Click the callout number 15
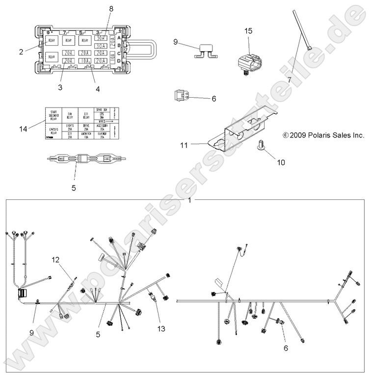coord(249,31)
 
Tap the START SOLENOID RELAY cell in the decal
coord(54,115)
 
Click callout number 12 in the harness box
coord(55,259)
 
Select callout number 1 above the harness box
coord(190,200)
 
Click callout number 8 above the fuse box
coord(111,9)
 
